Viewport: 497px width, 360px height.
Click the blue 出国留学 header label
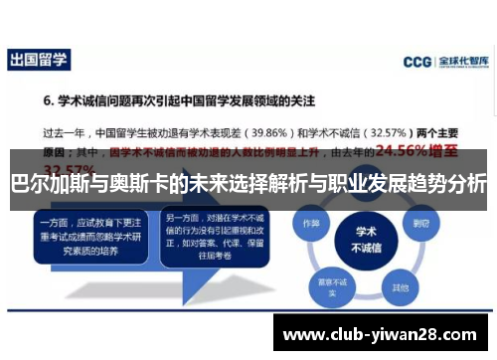tap(39, 60)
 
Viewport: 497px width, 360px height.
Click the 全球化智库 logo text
tap(460, 62)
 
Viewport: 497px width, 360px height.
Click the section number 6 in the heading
tap(47, 100)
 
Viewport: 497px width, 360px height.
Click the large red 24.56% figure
tap(414, 151)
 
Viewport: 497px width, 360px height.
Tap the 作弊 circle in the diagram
tap(311, 223)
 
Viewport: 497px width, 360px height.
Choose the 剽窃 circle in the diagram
tap(421, 223)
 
